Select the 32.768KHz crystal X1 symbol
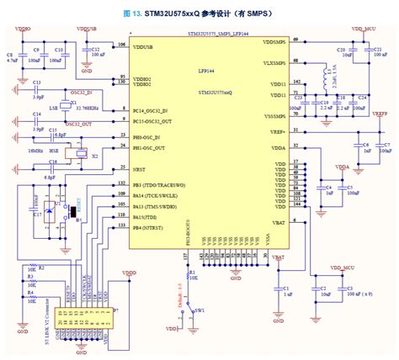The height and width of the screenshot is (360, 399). point(74,107)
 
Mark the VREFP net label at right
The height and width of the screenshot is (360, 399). point(380,113)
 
